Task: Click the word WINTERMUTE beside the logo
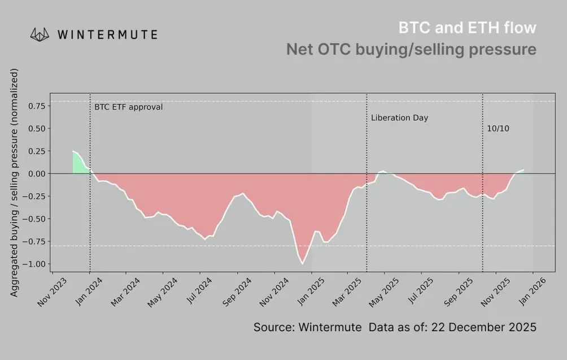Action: [x=107, y=34]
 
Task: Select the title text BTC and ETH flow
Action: [x=467, y=27]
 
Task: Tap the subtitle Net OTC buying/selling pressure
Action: [x=411, y=49]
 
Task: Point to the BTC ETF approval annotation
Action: [x=128, y=106]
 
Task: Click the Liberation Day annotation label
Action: [x=399, y=118]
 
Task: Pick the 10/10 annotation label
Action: [x=498, y=129]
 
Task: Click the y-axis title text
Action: [x=15, y=183]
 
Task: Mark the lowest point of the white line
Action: [x=303, y=263]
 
